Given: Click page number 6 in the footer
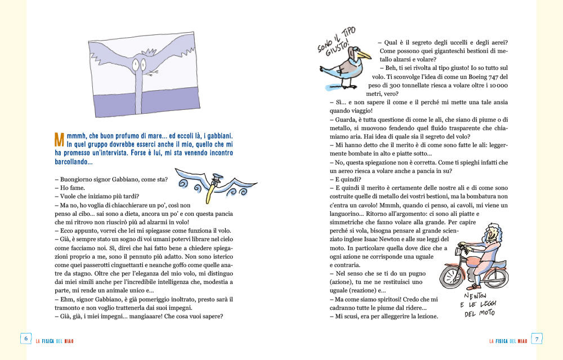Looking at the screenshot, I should (25, 338).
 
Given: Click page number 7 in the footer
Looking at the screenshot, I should (537, 338).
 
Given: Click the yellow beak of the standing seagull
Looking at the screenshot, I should (364, 56).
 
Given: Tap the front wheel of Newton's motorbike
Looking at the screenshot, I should (452, 277).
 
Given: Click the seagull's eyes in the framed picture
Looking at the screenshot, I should (140, 65).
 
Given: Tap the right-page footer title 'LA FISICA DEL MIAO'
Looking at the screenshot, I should (508, 341).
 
